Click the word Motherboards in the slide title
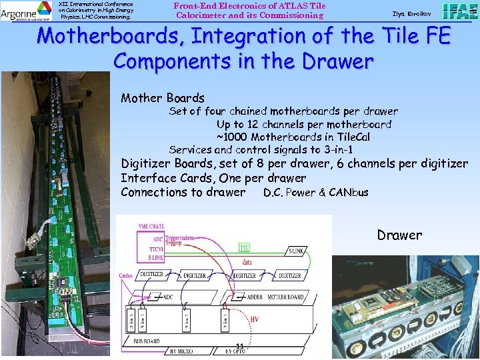(x=105, y=36)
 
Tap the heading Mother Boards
(x=162, y=98)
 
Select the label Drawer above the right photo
(x=399, y=235)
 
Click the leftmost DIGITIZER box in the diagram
(x=153, y=274)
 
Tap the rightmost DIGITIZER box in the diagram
(x=290, y=274)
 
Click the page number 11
(x=239, y=345)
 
